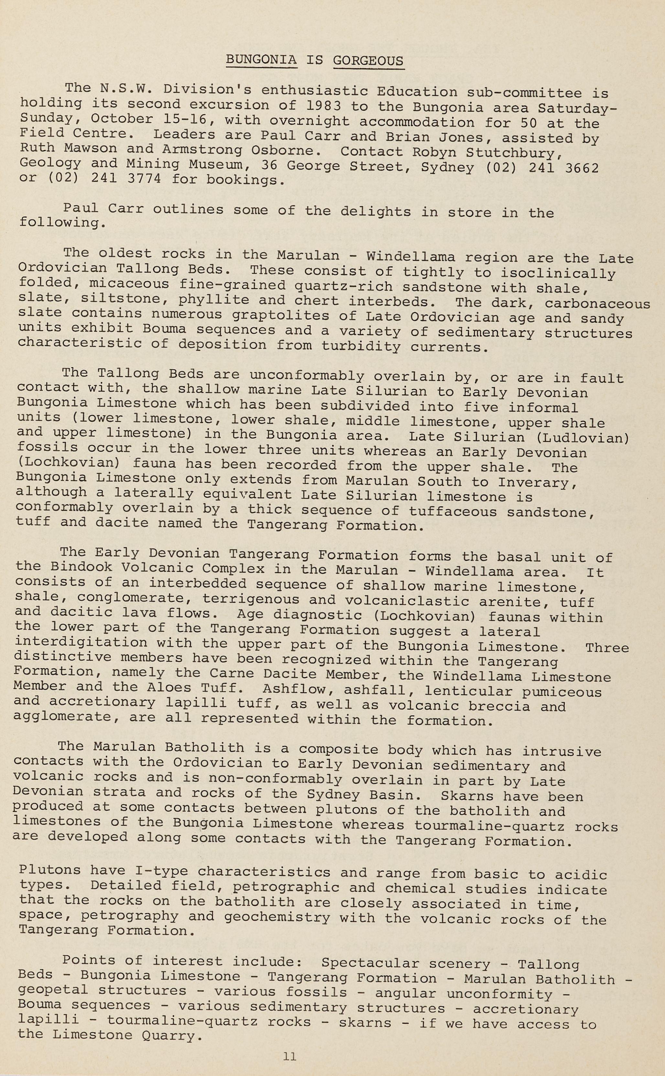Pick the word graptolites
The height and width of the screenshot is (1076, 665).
coord(280,316)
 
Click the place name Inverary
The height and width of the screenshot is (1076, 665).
coord(538,482)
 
